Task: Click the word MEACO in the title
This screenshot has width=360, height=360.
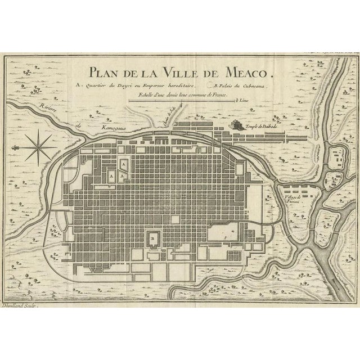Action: point(247,73)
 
